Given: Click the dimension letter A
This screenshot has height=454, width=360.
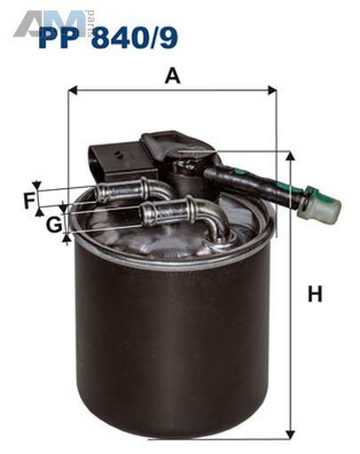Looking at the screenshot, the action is pyautogui.click(x=173, y=75).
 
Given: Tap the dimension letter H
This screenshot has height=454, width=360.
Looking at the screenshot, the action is pyautogui.click(x=315, y=294).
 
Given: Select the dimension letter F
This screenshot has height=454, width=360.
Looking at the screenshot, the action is pyautogui.click(x=29, y=200).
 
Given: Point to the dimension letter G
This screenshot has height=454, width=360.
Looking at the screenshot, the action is pyautogui.click(x=54, y=225).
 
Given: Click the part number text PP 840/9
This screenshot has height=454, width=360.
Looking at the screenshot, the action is pyautogui.click(x=108, y=37).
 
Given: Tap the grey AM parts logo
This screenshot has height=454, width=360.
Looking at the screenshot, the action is pyautogui.click(x=53, y=24).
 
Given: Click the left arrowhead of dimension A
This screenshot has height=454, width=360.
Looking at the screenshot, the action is pyautogui.click(x=73, y=90).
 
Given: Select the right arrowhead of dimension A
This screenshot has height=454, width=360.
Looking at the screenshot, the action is pyautogui.click(x=272, y=90).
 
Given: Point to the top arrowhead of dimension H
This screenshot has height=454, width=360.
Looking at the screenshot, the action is pyautogui.click(x=291, y=155).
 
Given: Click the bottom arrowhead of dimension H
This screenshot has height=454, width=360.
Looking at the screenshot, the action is pyautogui.click(x=291, y=434).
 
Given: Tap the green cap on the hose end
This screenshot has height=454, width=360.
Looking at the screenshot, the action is pyautogui.click(x=323, y=204).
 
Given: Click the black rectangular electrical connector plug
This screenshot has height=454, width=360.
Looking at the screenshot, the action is pyautogui.click(x=121, y=162).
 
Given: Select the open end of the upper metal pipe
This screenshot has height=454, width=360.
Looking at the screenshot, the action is pyautogui.click(x=100, y=192).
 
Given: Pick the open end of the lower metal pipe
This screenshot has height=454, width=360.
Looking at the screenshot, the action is pyautogui.click(x=145, y=215).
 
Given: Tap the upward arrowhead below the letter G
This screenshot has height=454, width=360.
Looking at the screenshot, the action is pyautogui.click(x=67, y=239).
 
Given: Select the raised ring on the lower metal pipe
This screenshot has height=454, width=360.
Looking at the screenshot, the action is pyautogui.click(x=192, y=208).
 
